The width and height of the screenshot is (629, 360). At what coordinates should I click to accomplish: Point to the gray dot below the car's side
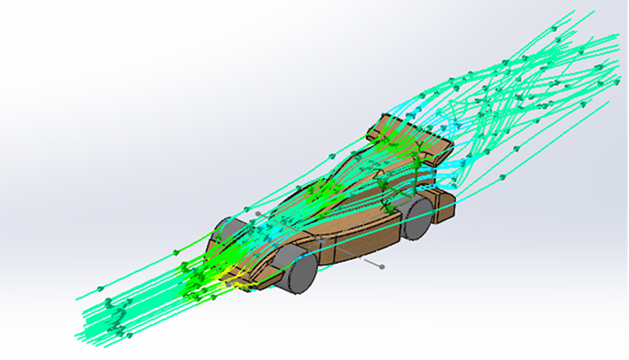382,266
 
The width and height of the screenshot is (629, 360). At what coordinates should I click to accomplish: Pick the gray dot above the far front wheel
256,212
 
